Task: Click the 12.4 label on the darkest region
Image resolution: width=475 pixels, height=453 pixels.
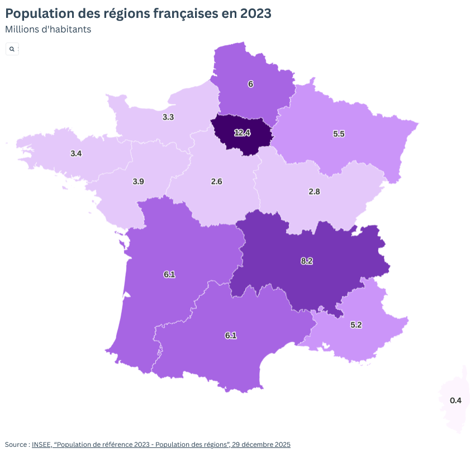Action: (242, 133)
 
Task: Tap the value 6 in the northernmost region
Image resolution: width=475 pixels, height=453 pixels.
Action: (250, 84)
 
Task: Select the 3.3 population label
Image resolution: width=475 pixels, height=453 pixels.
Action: (168, 117)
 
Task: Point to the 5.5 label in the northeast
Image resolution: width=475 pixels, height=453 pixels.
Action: (339, 134)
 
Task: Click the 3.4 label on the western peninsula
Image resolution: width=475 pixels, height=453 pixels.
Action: (77, 153)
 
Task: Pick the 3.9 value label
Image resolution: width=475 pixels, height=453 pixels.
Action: (138, 181)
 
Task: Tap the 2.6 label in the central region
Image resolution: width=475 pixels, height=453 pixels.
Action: (217, 181)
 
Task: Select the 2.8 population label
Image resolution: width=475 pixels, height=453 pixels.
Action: (314, 191)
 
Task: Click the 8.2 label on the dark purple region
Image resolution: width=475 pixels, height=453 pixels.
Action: (306, 261)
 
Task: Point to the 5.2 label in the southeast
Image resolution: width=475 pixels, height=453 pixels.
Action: (356, 324)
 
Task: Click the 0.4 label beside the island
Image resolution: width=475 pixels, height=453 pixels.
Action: (455, 400)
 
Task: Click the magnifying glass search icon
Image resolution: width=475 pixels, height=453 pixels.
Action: (12, 49)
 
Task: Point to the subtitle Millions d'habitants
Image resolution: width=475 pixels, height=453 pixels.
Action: (48, 29)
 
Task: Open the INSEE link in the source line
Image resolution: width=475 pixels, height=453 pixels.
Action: (42, 445)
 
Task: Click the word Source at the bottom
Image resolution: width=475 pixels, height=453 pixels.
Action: (16, 445)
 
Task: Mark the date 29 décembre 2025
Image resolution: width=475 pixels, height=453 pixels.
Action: (263, 445)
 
